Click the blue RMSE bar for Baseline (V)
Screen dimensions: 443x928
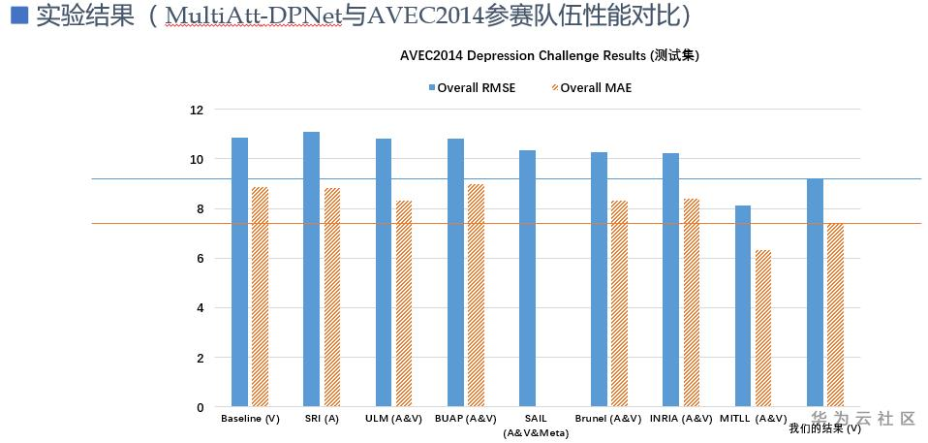(239, 271)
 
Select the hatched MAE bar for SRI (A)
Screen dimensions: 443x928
(332, 297)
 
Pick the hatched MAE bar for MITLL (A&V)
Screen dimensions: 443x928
(763, 329)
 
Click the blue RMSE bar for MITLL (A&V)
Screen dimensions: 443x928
(743, 305)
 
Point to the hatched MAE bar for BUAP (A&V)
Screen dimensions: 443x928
(476, 295)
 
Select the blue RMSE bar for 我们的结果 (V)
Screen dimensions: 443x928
(815, 292)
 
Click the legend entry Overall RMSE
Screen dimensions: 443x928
(472, 87)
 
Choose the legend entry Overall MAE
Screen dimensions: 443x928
(592, 87)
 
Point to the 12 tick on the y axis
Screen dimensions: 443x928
(197, 110)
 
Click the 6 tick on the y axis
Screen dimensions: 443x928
(200, 259)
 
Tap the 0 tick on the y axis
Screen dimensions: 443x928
(200, 407)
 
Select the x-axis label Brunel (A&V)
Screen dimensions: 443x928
(608, 419)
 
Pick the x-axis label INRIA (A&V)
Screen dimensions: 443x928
(680, 419)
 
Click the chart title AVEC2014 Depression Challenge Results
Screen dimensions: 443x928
(549, 56)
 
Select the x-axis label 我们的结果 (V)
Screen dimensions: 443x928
(824, 427)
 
